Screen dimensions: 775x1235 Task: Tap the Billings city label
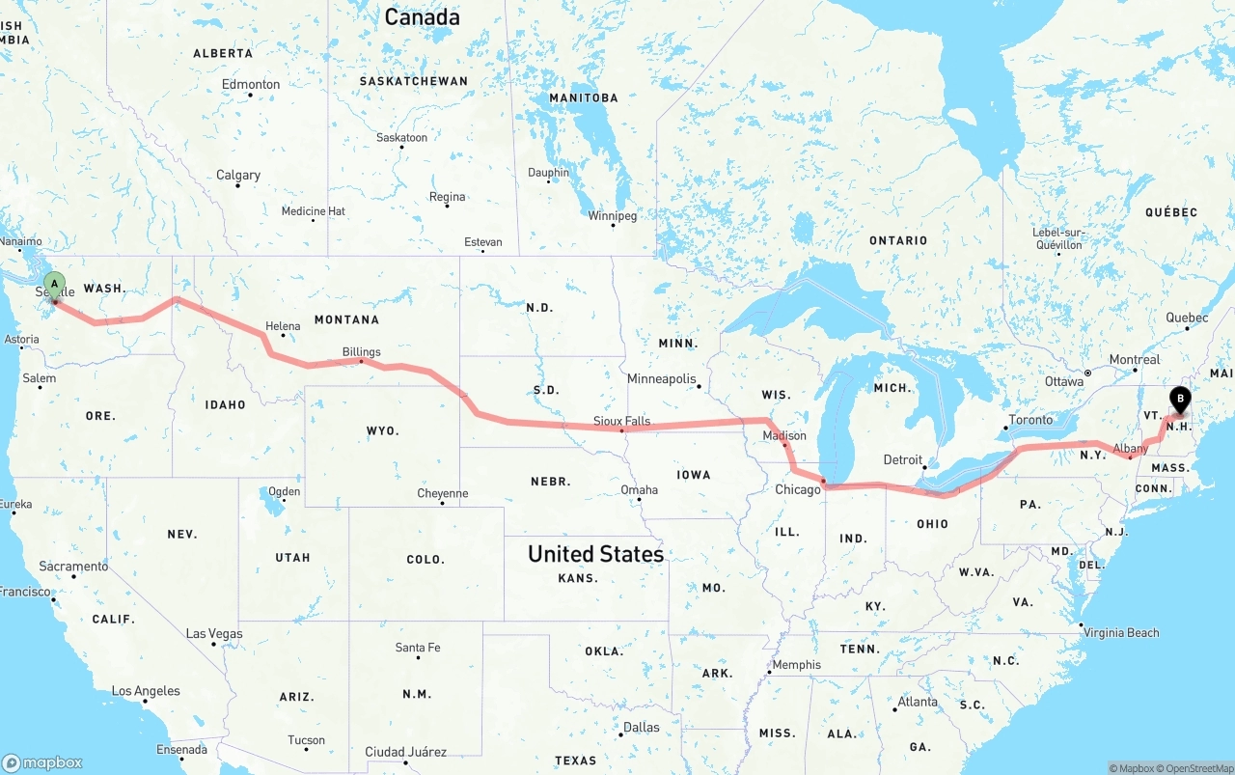tap(361, 352)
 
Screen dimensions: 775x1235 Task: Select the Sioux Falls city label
tap(621, 422)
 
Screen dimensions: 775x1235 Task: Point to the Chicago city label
tap(797, 489)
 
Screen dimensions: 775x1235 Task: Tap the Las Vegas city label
tap(214, 634)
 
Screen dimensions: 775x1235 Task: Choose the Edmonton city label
tap(251, 85)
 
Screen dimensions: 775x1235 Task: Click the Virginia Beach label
tap(1120, 633)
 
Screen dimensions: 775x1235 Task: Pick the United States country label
tap(595, 554)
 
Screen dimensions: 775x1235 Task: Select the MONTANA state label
tap(346, 319)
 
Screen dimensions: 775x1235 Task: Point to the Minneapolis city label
tap(661, 379)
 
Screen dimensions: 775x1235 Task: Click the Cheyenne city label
tap(442, 493)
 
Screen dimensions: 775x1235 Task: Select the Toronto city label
tap(1030, 421)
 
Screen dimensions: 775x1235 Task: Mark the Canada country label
tap(422, 16)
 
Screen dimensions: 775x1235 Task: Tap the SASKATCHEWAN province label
tap(413, 81)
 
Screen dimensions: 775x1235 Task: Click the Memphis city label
tap(797, 664)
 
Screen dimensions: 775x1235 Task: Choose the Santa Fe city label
tap(418, 648)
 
